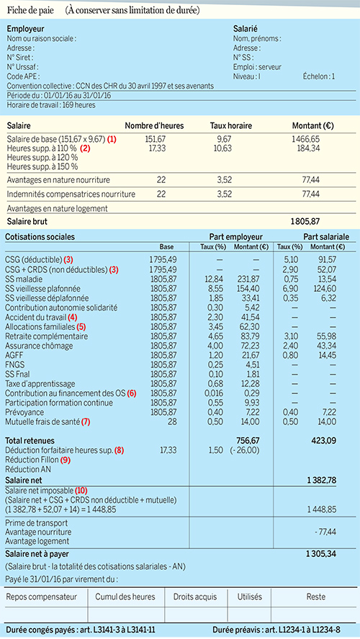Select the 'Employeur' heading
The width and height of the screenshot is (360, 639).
26,29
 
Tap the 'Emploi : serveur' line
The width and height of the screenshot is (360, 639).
257,67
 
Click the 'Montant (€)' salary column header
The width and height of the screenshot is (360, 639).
313,126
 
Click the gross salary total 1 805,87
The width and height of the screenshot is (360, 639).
305,222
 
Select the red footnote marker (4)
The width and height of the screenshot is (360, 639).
73,317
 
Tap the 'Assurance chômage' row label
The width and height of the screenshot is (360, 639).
39,346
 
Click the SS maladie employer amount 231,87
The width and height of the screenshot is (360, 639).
245,279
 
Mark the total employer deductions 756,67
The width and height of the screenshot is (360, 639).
248,441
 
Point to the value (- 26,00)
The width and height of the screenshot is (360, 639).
246,450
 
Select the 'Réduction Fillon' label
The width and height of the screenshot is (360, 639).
32,460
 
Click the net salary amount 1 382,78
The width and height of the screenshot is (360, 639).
322,480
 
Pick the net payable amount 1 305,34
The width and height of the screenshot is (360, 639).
321,554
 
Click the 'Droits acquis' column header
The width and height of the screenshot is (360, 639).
195,597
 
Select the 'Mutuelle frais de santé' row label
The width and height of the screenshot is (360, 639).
43,421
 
